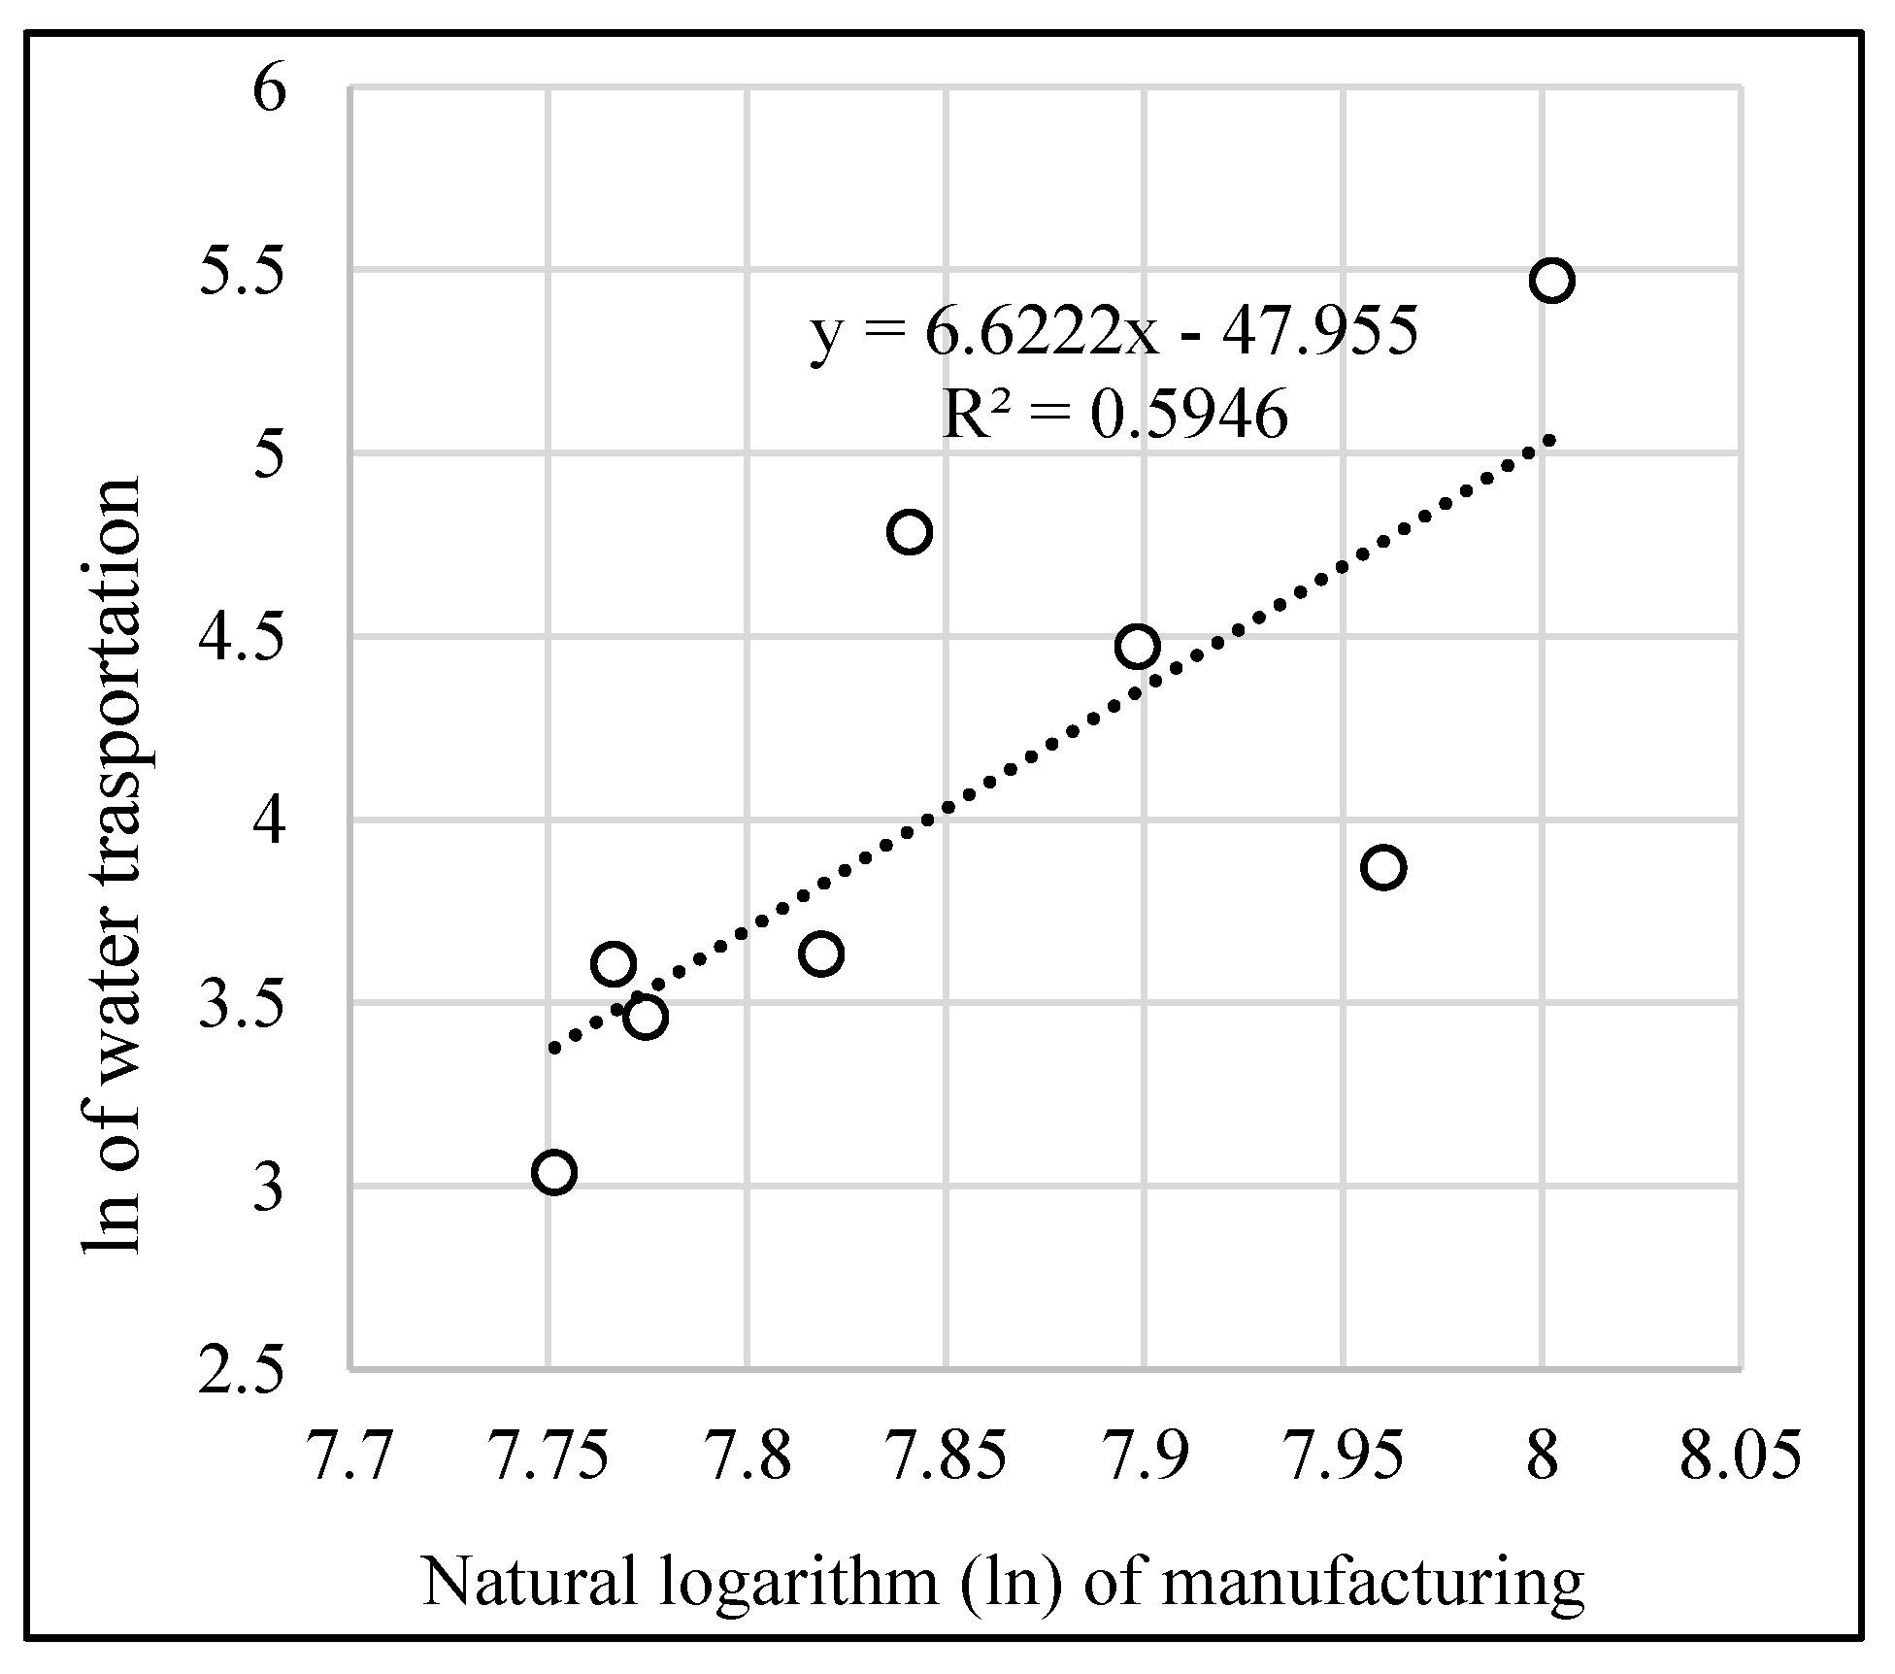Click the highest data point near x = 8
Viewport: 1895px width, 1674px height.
pos(1551,281)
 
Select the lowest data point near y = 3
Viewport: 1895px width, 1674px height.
pos(553,1172)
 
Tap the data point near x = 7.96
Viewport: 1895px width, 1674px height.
pos(1383,867)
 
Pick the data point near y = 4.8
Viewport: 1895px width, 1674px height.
pos(910,532)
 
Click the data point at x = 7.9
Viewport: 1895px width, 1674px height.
pos(1138,647)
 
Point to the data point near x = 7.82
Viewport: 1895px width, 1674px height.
pos(821,954)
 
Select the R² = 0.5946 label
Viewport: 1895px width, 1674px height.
pos(1115,416)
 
